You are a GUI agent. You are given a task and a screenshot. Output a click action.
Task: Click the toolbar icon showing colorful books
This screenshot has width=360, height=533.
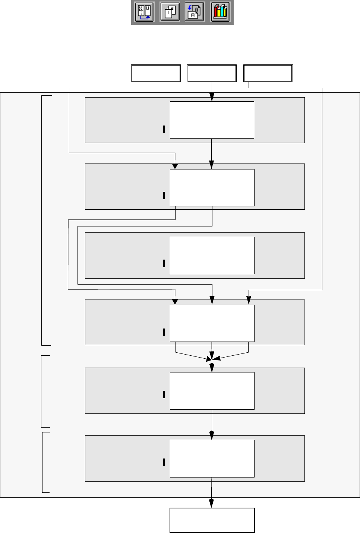(x=220, y=12)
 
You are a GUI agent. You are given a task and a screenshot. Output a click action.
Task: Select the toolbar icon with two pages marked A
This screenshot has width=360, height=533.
(x=195, y=12)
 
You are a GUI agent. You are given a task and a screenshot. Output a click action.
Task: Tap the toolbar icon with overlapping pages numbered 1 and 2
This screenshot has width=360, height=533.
(x=170, y=12)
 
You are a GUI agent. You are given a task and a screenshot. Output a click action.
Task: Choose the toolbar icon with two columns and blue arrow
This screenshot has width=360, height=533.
(x=144, y=12)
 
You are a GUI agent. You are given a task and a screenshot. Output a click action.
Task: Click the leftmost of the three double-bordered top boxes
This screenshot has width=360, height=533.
(x=156, y=73)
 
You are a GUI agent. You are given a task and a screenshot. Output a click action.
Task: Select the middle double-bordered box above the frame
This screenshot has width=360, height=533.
(x=212, y=73)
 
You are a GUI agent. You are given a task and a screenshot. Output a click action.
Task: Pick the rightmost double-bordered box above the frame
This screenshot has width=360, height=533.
(x=268, y=73)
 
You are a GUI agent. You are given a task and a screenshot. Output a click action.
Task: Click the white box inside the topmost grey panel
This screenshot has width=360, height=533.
(x=212, y=120)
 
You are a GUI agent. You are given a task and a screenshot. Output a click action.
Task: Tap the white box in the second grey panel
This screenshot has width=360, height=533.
(x=212, y=188)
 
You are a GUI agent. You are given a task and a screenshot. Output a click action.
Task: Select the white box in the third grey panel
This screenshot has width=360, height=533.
(x=212, y=256)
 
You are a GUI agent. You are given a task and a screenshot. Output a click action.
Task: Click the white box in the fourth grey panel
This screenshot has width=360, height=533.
(x=212, y=323)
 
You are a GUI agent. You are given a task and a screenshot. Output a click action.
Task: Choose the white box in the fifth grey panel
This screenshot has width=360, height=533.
(x=212, y=391)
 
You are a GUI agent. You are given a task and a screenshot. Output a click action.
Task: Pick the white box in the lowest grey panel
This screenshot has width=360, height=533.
(x=212, y=459)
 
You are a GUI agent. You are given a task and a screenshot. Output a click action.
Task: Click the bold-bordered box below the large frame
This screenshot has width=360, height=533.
(x=212, y=520)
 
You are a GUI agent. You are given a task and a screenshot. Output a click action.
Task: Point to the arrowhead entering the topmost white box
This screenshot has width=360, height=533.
(x=212, y=98)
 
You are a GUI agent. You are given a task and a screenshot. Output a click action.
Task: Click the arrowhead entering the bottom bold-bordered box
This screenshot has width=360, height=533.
(x=211, y=503)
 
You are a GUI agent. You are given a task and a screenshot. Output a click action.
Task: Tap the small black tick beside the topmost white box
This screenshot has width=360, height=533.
(x=164, y=129)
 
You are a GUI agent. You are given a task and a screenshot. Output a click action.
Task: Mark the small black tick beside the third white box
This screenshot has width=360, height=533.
(x=164, y=263)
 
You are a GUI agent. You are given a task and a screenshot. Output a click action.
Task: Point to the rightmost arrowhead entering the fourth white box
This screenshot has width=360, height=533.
(x=249, y=300)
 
